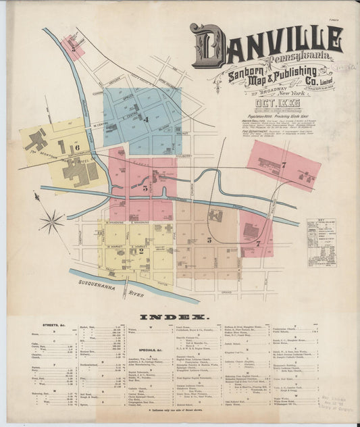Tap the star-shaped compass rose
[53, 221]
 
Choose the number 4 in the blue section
[145, 120]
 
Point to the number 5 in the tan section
[209, 239]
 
